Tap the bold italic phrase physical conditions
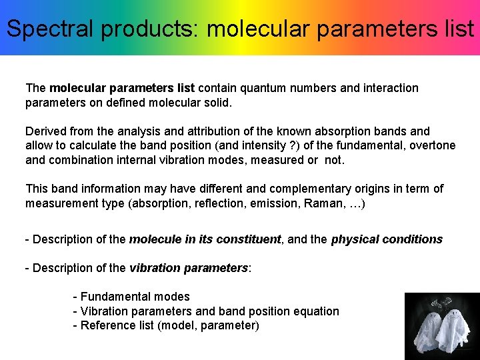point(387,239)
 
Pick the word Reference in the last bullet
point(106,326)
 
